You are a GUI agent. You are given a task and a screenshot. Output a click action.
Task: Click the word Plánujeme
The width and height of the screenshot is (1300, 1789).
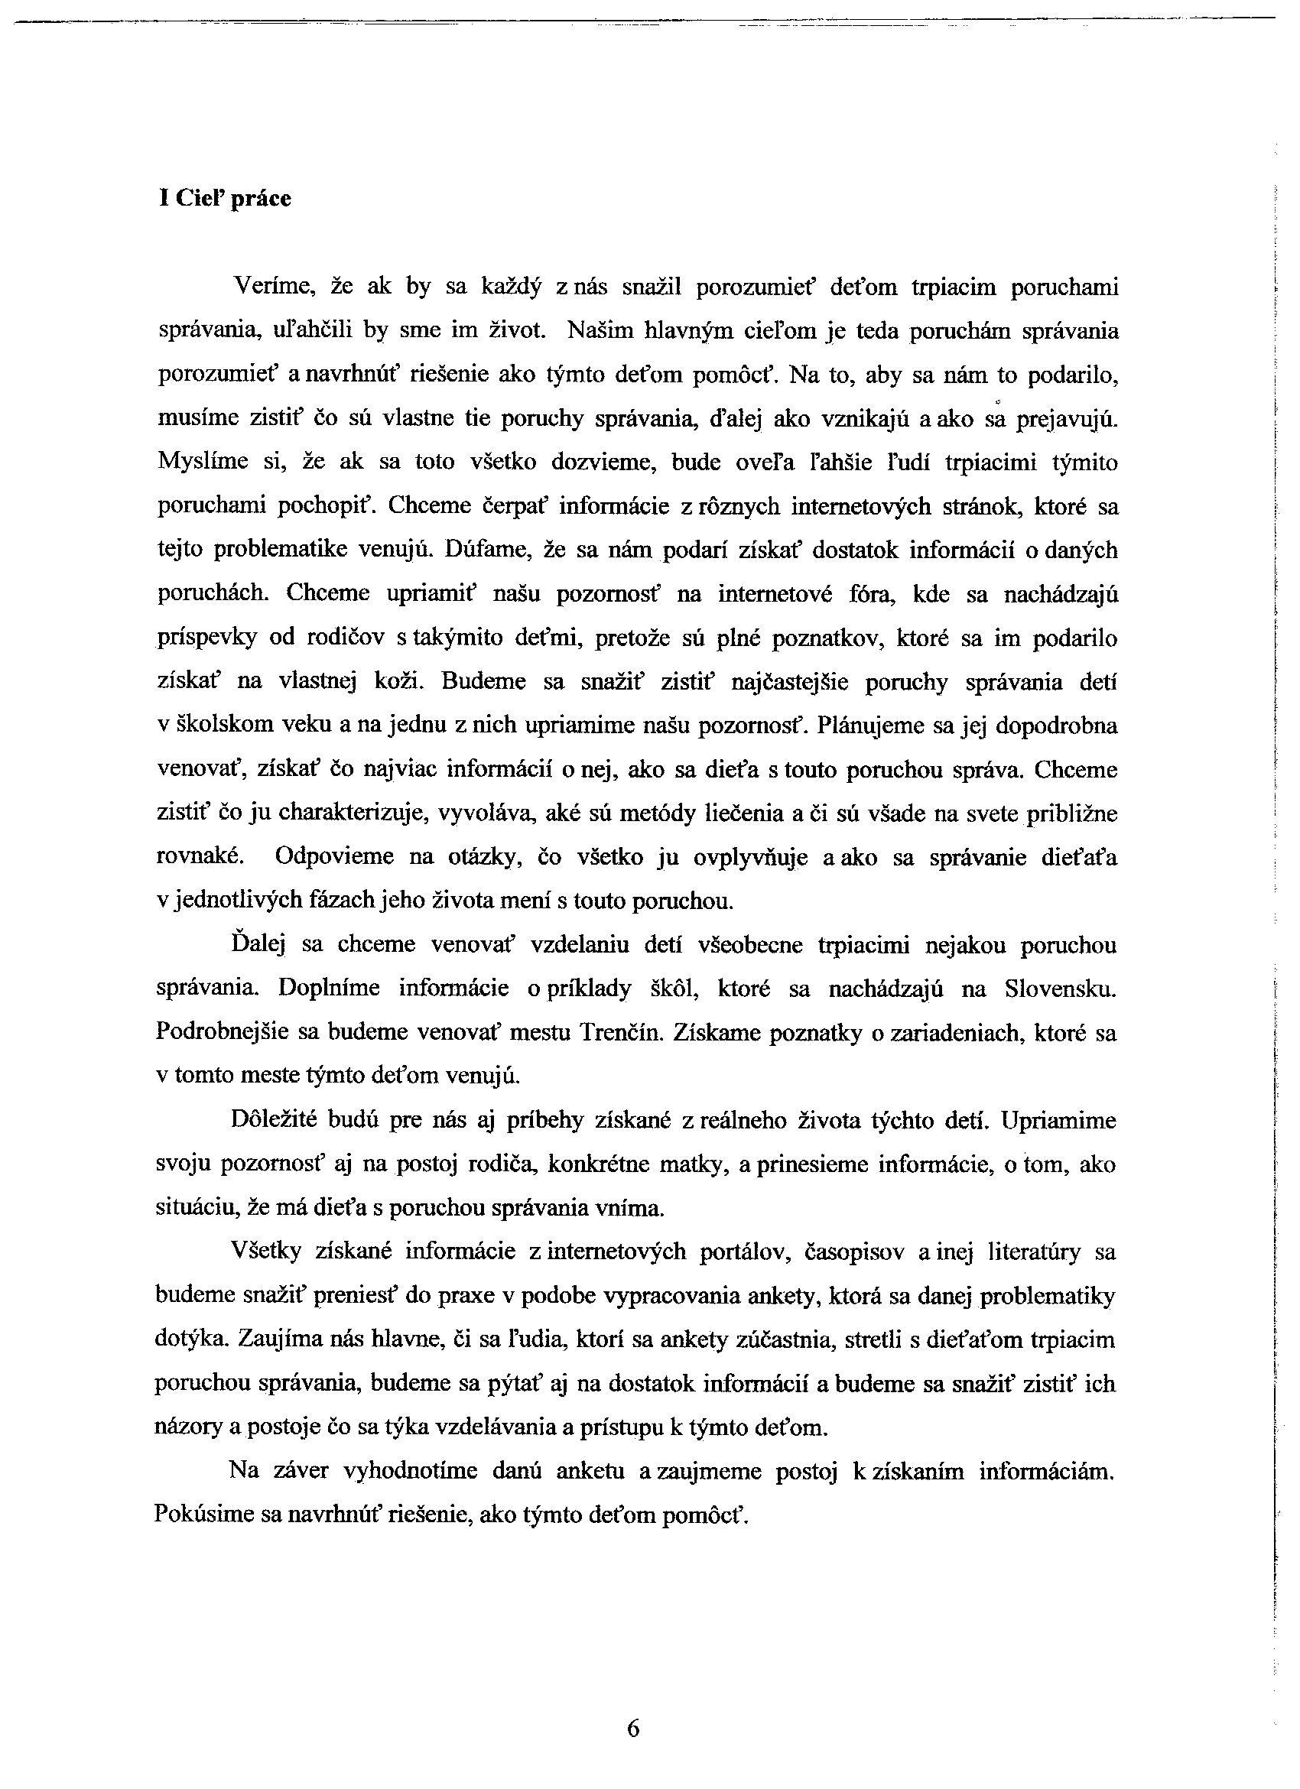coord(872,725)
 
